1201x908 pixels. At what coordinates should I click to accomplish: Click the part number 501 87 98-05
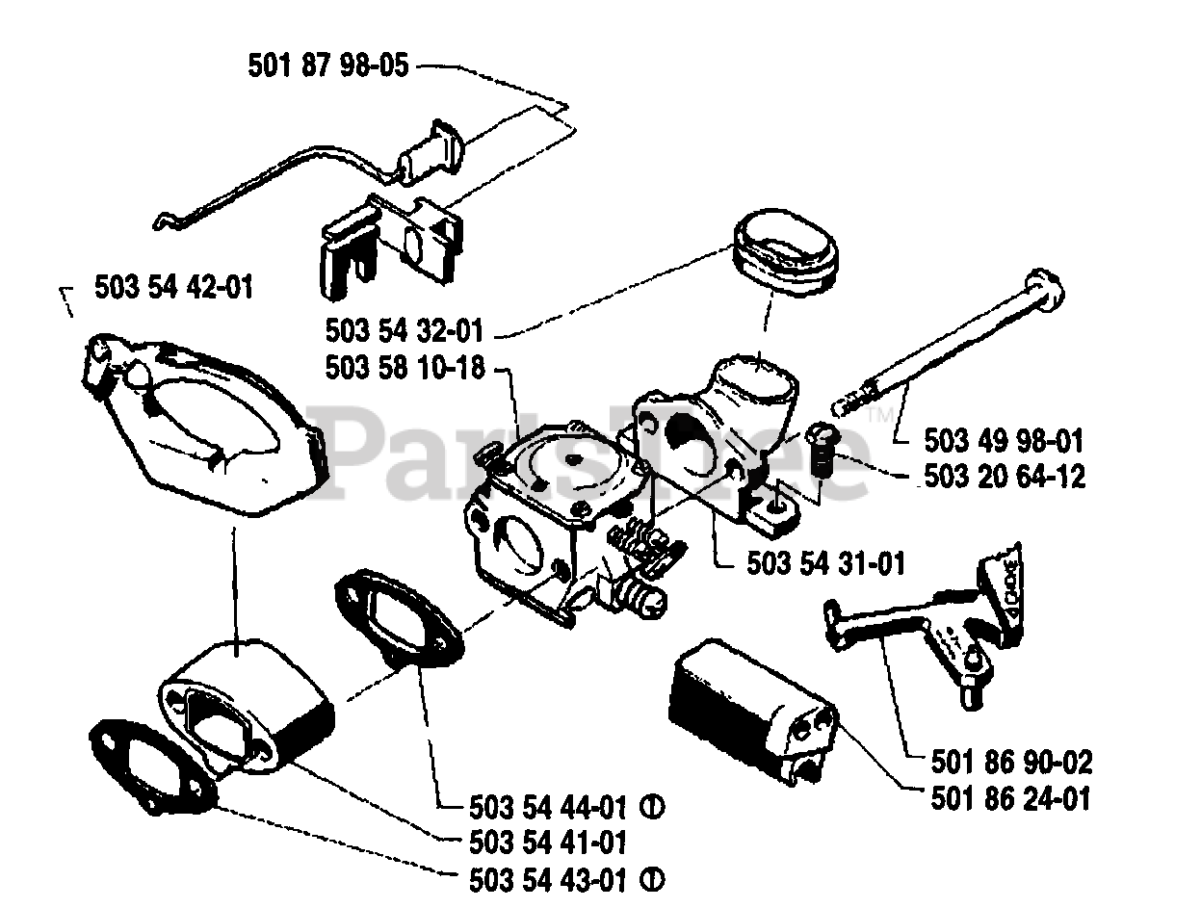point(328,66)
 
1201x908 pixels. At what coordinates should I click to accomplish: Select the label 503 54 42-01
point(174,287)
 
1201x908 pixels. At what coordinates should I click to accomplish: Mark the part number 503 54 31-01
point(825,562)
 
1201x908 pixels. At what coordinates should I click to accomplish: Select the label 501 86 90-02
point(1012,764)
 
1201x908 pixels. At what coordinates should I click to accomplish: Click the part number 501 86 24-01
point(1012,798)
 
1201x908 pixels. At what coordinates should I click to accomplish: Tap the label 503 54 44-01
point(549,806)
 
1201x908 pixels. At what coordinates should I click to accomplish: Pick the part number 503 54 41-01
point(549,842)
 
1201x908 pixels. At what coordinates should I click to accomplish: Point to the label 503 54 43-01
point(549,878)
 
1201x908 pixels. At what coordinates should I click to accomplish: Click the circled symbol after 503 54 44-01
point(659,806)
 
